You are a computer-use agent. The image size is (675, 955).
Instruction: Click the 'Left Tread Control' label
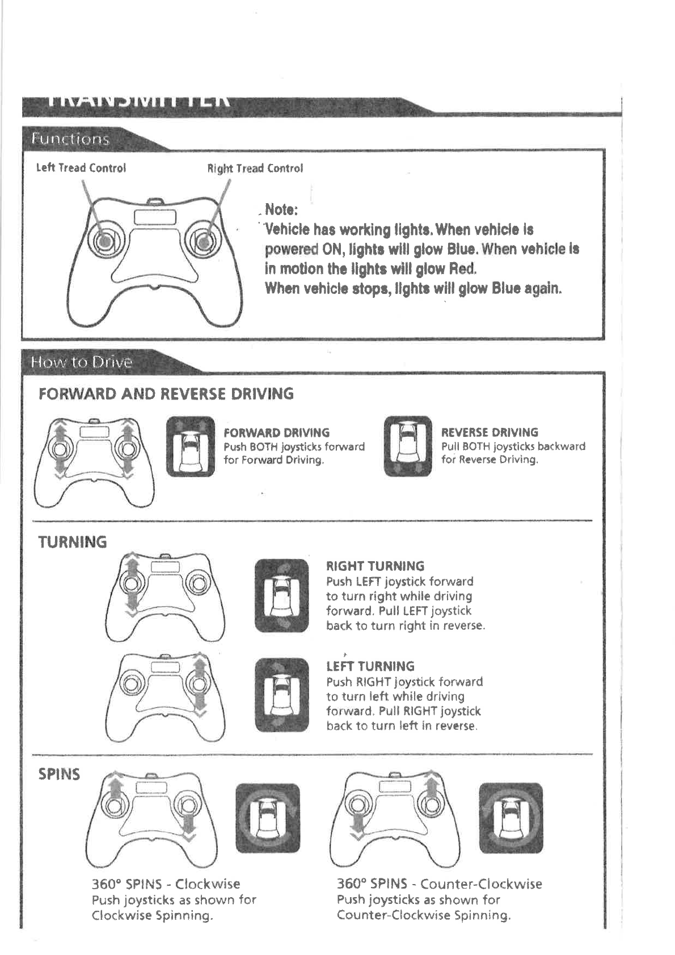coord(81,168)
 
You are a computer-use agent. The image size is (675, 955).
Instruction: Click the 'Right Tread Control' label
coord(255,169)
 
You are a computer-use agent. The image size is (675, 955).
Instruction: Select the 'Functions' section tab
coord(70,139)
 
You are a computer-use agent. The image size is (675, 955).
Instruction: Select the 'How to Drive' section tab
coord(82,362)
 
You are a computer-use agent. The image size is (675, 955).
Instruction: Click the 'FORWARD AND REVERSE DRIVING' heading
coord(166,394)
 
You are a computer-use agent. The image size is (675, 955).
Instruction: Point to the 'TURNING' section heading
coord(72,542)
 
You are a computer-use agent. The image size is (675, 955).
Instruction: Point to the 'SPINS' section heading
coord(59,775)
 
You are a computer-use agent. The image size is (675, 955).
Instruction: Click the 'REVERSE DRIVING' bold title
coord(490,432)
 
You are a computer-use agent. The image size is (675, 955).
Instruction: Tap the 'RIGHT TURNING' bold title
coord(375,566)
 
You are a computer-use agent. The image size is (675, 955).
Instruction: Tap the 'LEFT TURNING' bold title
coord(370,666)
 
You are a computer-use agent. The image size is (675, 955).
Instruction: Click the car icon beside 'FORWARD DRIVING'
coord(191,446)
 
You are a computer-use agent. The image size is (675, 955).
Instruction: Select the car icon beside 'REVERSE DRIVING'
coord(407,446)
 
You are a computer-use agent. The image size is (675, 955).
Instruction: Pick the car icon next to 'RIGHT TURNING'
coord(281,595)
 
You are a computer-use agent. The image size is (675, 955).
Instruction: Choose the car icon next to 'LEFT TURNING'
coord(281,695)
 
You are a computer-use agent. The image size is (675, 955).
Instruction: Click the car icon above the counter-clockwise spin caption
coord(511,818)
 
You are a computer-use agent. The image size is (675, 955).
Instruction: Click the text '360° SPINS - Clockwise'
coord(166,884)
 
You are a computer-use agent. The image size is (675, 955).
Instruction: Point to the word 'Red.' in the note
coord(462,268)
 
